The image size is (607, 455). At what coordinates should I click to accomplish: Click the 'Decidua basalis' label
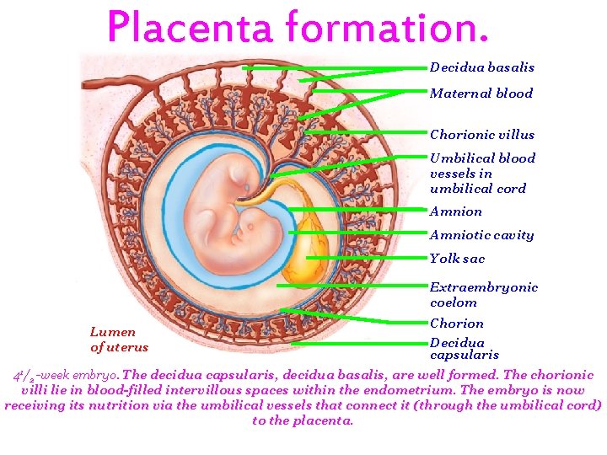pos(481,67)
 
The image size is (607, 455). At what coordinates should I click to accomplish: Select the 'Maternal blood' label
pos(481,94)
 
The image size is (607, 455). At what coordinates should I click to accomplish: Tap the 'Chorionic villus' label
pos(481,135)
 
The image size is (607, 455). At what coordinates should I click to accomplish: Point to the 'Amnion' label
pos(456,212)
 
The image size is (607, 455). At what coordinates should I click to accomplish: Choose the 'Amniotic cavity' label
pos(481,236)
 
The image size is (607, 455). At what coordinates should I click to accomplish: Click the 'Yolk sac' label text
pos(457,260)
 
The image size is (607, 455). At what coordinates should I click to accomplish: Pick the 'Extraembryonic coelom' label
pos(483,295)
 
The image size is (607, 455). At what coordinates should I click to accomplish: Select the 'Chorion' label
pos(456,324)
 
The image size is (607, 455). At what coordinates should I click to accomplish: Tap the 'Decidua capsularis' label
pos(464,349)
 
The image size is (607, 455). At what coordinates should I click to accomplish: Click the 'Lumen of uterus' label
pos(119,340)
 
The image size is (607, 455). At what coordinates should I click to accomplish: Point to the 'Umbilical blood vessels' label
pos(481,173)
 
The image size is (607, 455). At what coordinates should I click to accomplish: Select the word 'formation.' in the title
pos(387,28)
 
